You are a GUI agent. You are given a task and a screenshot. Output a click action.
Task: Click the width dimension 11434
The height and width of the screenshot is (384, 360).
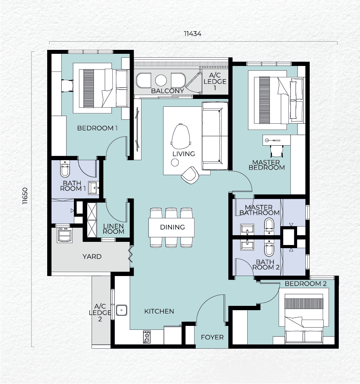[193, 33]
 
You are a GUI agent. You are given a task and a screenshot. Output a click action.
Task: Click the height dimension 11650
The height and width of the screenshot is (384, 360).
[25, 196]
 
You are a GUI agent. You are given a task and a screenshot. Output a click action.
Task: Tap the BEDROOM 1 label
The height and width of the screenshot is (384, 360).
[97, 128]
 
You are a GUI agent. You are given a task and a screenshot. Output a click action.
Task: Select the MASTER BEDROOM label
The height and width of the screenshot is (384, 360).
[266, 165]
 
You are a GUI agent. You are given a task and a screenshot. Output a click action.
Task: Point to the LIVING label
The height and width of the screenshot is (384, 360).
[184, 154]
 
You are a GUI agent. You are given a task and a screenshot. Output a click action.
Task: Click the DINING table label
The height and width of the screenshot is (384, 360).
[172, 227]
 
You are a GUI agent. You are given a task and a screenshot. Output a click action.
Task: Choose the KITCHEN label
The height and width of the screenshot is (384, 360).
[159, 311]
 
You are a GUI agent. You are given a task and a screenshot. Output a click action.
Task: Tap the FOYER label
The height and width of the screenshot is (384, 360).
[212, 337]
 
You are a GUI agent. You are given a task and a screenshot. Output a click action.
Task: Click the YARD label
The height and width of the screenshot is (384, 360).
[92, 256]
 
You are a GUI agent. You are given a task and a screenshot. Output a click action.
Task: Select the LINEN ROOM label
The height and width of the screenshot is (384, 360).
[114, 229]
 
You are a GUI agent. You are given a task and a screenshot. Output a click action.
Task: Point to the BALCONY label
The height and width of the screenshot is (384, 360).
[168, 91]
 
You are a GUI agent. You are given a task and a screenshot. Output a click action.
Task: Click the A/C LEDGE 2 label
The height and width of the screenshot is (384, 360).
[100, 313]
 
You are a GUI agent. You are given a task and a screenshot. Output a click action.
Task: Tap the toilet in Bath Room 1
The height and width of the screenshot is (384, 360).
[65, 168]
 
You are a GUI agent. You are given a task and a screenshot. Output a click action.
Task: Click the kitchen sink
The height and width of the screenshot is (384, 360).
[121, 310]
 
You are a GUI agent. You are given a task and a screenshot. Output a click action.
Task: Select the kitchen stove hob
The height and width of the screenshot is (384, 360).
[147, 337]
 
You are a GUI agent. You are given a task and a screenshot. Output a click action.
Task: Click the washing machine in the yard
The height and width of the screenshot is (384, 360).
[64, 235]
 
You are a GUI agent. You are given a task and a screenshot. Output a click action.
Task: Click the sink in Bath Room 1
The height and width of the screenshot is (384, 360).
[94, 188]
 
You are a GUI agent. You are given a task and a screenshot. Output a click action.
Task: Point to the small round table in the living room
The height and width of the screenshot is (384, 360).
[175, 163]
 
